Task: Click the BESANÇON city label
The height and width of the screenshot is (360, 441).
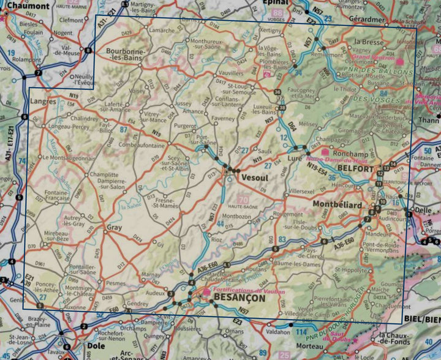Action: click(239, 298)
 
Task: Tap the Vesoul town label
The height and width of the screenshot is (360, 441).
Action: click(255, 177)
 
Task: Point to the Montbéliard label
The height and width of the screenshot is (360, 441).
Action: click(337, 204)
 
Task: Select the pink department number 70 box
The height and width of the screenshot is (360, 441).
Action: click(243, 200)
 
